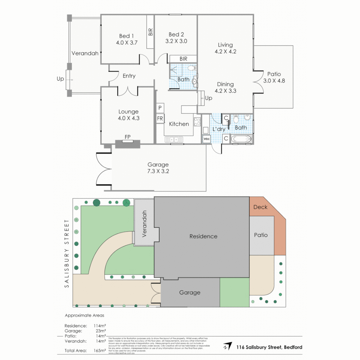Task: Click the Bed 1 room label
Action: (x=127, y=36)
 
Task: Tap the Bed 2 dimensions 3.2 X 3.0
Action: (x=176, y=41)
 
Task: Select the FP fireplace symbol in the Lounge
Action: (x=127, y=137)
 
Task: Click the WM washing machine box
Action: (x=206, y=138)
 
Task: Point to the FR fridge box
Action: (x=160, y=118)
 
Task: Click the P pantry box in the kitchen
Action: (x=160, y=108)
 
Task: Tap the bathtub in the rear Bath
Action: (x=241, y=139)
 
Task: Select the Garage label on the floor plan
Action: (x=158, y=165)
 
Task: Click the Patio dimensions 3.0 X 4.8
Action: (x=274, y=81)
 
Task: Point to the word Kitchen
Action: (x=179, y=124)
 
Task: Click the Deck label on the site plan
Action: (x=260, y=207)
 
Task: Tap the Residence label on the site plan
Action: (x=203, y=236)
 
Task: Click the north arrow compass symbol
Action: (x=228, y=347)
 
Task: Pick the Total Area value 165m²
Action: (x=100, y=351)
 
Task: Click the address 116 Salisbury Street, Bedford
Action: (x=269, y=347)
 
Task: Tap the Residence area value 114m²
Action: (x=100, y=326)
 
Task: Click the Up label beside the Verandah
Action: (x=60, y=79)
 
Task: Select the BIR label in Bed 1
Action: (x=150, y=32)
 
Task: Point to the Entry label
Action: (x=129, y=76)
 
